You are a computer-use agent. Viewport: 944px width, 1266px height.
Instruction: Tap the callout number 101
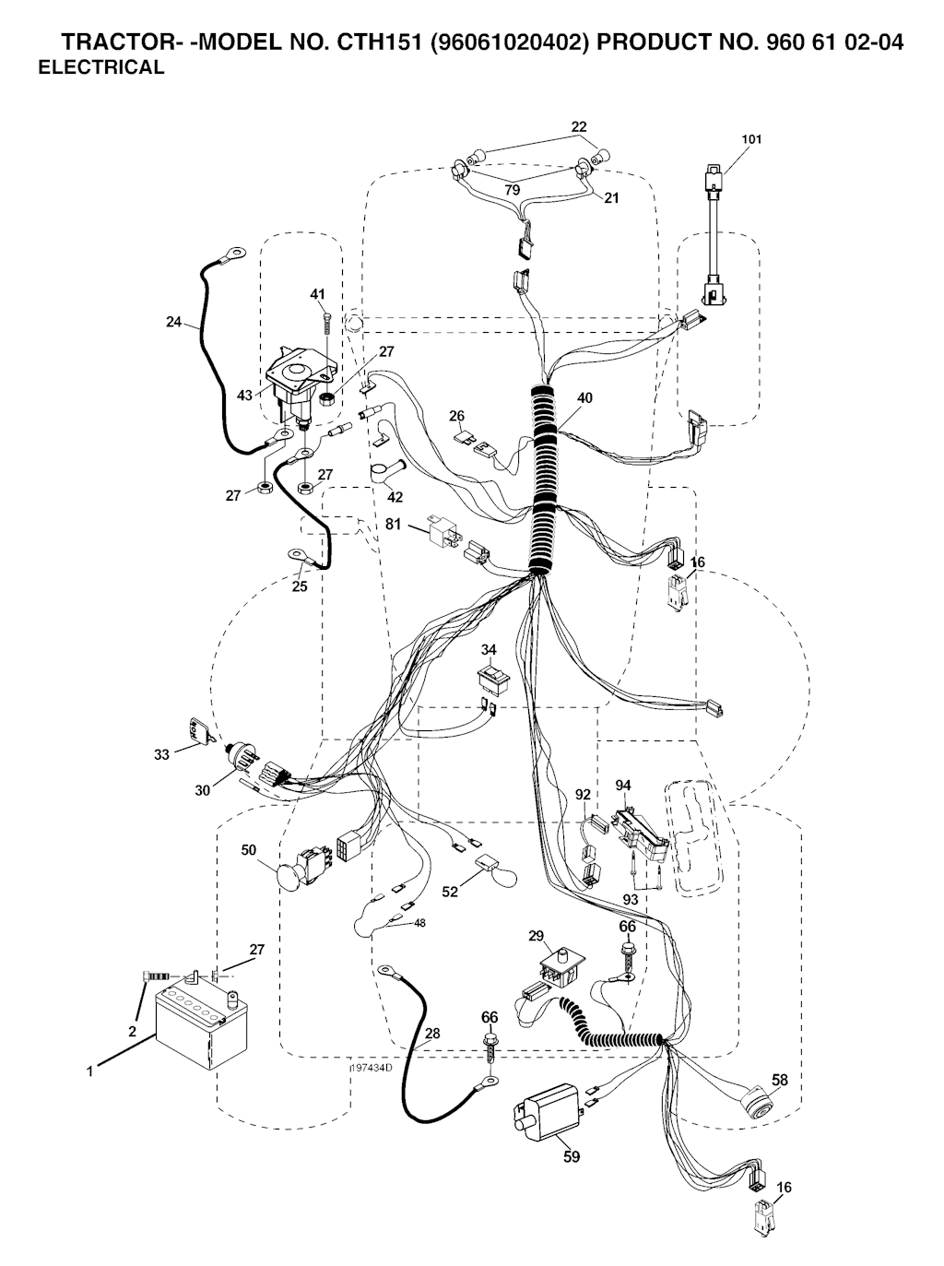(x=751, y=140)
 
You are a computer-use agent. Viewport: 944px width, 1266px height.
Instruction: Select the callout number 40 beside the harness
(x=584, y=398)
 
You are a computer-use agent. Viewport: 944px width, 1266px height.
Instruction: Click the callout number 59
(x=572, y=1156)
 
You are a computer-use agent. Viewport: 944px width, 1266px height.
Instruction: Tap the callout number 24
(x=174, y=322)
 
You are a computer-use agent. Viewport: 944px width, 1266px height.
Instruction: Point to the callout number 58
(x=780, y=1079)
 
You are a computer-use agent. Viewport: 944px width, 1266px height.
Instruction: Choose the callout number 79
(x=512, y=190)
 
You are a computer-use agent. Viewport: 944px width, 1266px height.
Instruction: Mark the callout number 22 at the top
(x=579, y=126)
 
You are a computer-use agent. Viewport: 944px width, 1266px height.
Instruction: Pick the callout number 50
(x=249, y=849)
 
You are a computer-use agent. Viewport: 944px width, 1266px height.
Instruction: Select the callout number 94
(x=623, y=785)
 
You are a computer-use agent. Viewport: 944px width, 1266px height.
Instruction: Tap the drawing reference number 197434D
(x=371, y=1067)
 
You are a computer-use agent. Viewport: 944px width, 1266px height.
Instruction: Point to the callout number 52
(x=450, y=892)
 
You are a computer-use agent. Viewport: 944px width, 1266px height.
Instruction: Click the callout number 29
(x=536, y=936)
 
